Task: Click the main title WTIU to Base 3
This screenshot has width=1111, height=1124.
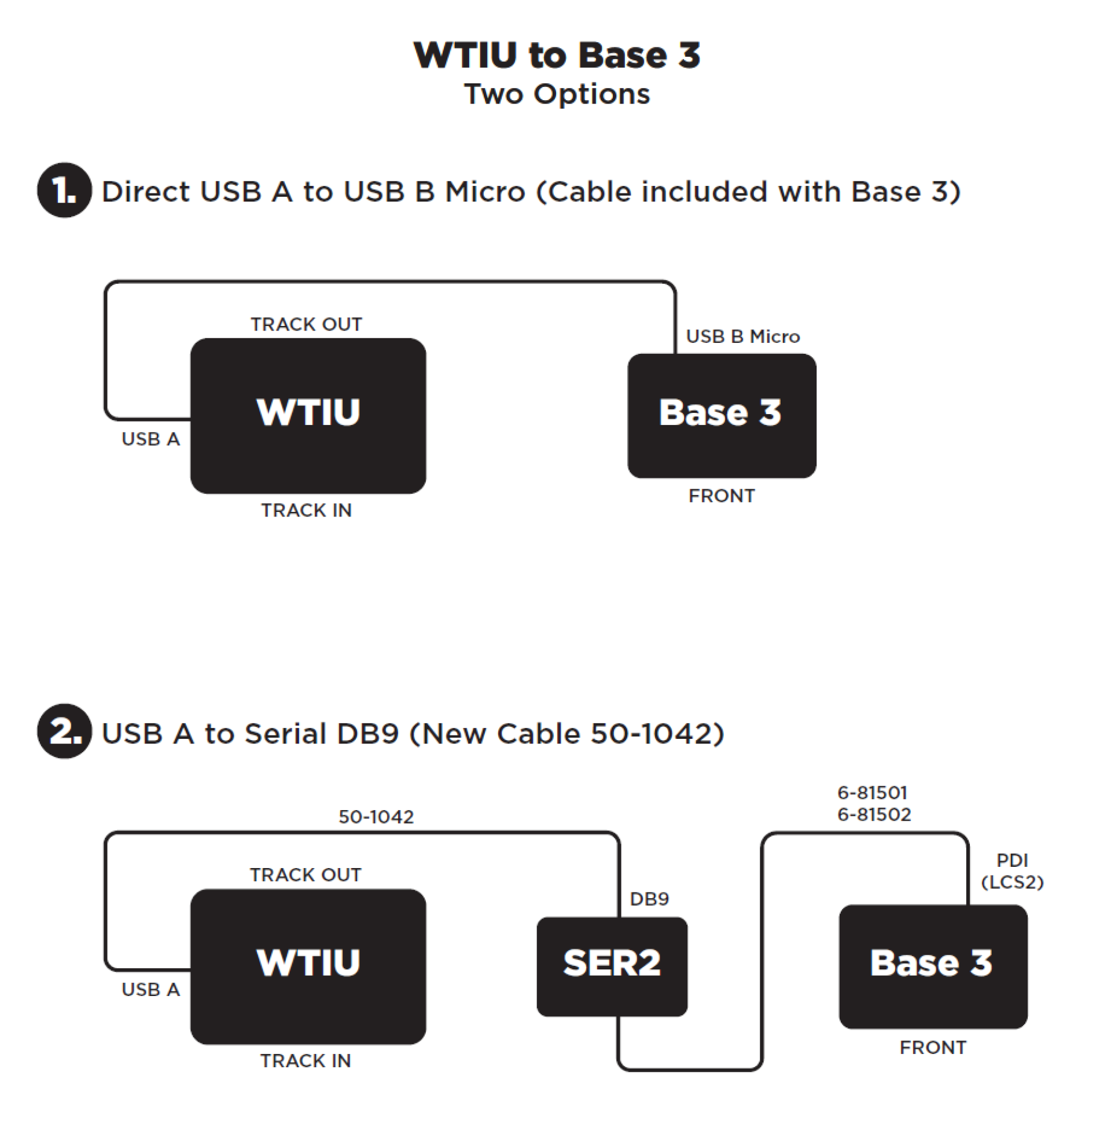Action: [x=557, y=55]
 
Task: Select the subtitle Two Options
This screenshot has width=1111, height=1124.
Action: [x=557, y=94]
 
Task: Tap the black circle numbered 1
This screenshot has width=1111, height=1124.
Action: [x=64, y=191]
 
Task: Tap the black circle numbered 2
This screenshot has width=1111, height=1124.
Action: [x=64, y=731]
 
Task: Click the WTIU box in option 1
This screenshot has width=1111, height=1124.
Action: [x=308, y=415]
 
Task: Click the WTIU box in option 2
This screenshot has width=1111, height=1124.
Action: [x=308, y=966]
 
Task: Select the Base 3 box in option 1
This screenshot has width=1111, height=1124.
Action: [x=722, y=415]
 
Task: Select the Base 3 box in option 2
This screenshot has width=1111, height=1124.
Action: [x=933, y=966]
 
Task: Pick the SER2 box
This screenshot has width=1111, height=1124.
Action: [x=612, y=966]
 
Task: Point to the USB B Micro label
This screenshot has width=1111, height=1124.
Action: [x=742, y=336]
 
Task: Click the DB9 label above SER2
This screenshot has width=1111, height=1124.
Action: [x=649, y=899]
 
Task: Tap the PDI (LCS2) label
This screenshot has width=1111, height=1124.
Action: [x=1011, y=871]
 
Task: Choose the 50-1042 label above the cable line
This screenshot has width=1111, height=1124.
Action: [x=376, y=817]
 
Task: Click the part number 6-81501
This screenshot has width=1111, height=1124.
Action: [x=871, y=792]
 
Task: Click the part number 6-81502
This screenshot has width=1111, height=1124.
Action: [x=874, y=815]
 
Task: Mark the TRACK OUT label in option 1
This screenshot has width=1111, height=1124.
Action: [x=306, y=324]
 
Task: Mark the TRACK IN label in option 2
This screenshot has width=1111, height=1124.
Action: [x=305, y=1060]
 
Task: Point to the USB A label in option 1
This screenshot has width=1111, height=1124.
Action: [x=150, y=439]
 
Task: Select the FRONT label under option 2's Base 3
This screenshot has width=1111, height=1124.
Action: [x=933, y=1047]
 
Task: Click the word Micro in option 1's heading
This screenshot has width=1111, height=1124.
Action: [x=485, y=192]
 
